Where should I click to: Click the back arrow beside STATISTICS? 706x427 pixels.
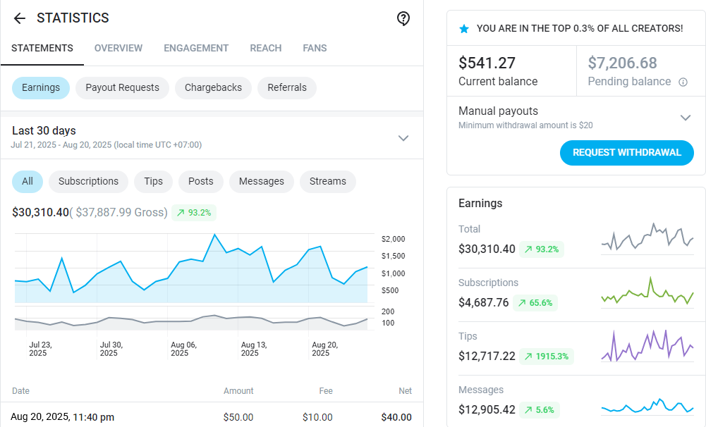(19, 18)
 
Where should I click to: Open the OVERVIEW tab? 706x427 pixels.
(118, 48)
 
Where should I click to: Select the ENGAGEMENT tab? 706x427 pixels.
(196, 48)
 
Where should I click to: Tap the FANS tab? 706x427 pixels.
(315, 48)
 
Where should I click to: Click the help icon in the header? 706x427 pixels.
(403, 18)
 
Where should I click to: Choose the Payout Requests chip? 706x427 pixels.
(122, 87)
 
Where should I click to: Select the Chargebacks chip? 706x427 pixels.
(213, 87)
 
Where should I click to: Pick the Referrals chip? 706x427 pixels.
(287, 87)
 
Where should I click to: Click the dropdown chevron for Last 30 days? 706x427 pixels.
(403, 137)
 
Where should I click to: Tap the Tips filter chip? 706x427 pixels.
(153, 181)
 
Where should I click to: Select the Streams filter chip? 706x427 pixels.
(328, 181)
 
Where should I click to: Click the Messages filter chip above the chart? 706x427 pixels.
(261, 181)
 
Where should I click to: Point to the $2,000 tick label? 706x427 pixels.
(392, 239)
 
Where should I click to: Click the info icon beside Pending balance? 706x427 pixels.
(683, 82)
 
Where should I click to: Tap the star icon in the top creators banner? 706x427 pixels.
(463, 29)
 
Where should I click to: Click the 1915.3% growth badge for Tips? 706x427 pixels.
(547, 356)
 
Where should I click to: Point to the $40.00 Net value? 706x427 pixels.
(396, 417)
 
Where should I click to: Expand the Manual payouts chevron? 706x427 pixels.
(685, 117)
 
